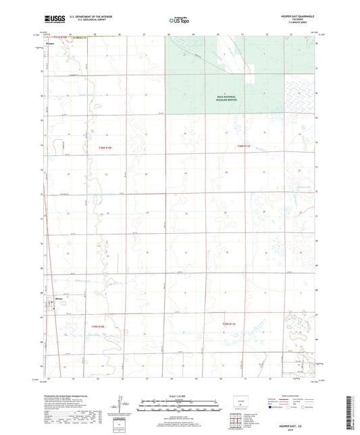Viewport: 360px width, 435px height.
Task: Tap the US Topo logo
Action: point(179,21)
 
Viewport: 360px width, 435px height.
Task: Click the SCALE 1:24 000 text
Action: point(180,396)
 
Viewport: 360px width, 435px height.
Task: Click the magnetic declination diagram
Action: point(120,405)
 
